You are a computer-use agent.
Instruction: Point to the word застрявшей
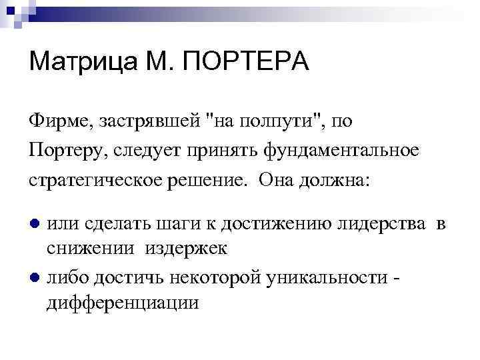pos(141,121)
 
